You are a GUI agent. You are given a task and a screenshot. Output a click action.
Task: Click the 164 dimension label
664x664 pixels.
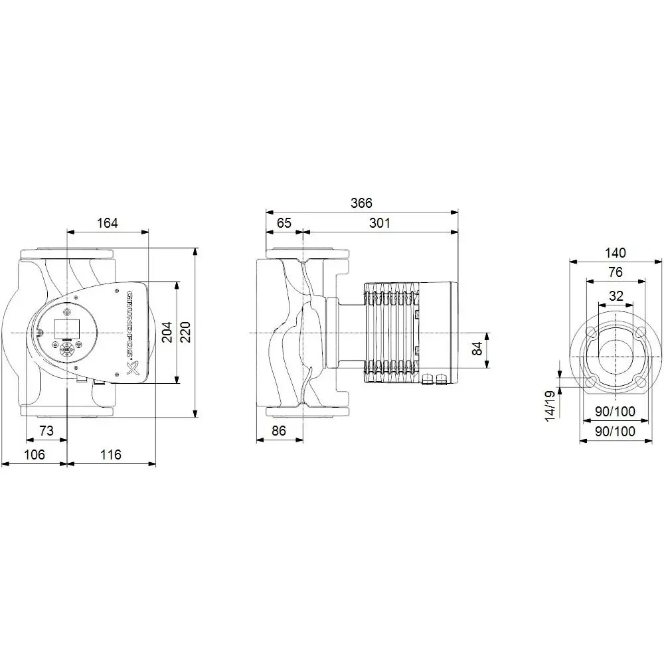tap(107, 223)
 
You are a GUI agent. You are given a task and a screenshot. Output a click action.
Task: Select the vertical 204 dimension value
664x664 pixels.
tap(167, 332)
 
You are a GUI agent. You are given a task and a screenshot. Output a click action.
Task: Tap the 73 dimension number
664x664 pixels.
tap(46, 431)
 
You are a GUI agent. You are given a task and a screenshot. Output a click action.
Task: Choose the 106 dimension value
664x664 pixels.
tap(34, 455)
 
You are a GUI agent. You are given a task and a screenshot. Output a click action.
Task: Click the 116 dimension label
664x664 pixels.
tap(111, 455)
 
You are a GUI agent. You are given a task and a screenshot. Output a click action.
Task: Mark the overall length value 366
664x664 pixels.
tap(362, 203)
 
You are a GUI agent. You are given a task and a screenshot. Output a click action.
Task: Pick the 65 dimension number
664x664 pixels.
tap(284, 223)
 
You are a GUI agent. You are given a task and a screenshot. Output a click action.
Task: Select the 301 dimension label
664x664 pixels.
tap(379, 223)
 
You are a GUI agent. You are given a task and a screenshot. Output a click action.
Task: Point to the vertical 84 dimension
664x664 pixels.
tap(477, 349)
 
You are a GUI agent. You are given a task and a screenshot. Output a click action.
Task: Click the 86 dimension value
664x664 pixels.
tap(279, 431)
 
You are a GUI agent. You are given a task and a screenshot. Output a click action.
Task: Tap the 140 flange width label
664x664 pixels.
tap(616, 253)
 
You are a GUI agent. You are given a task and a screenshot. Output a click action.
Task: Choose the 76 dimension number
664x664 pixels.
tap(616, 273)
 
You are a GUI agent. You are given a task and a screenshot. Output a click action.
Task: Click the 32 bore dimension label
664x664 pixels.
tap(616, 295)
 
